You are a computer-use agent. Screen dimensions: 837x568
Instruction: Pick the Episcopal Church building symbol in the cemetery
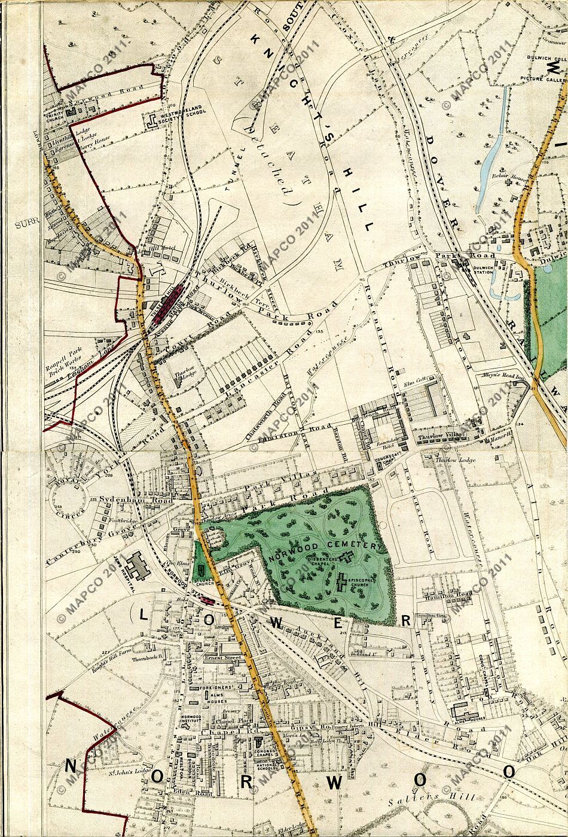point(343,581)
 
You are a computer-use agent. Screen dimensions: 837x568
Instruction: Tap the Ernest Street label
point(222,659)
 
